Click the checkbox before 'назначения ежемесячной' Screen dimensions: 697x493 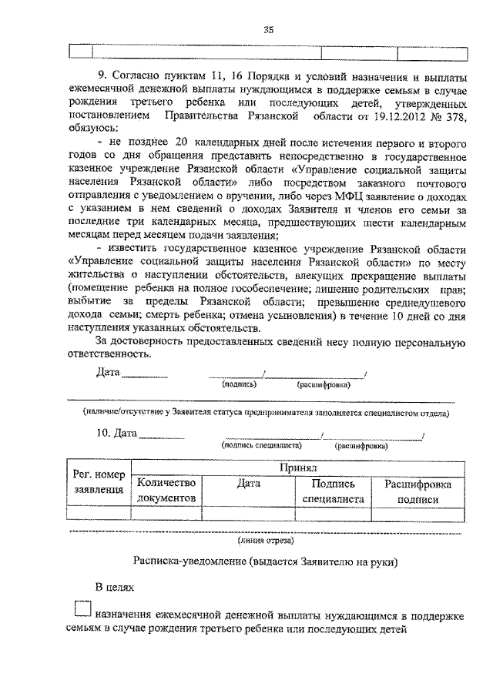[83, 609]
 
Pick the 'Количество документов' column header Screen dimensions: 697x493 [167, 491]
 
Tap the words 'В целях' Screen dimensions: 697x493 [115, 588]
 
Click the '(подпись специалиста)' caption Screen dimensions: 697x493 [260, 445]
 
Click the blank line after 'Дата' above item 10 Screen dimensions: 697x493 [145, 376]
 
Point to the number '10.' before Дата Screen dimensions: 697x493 [103, 434]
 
